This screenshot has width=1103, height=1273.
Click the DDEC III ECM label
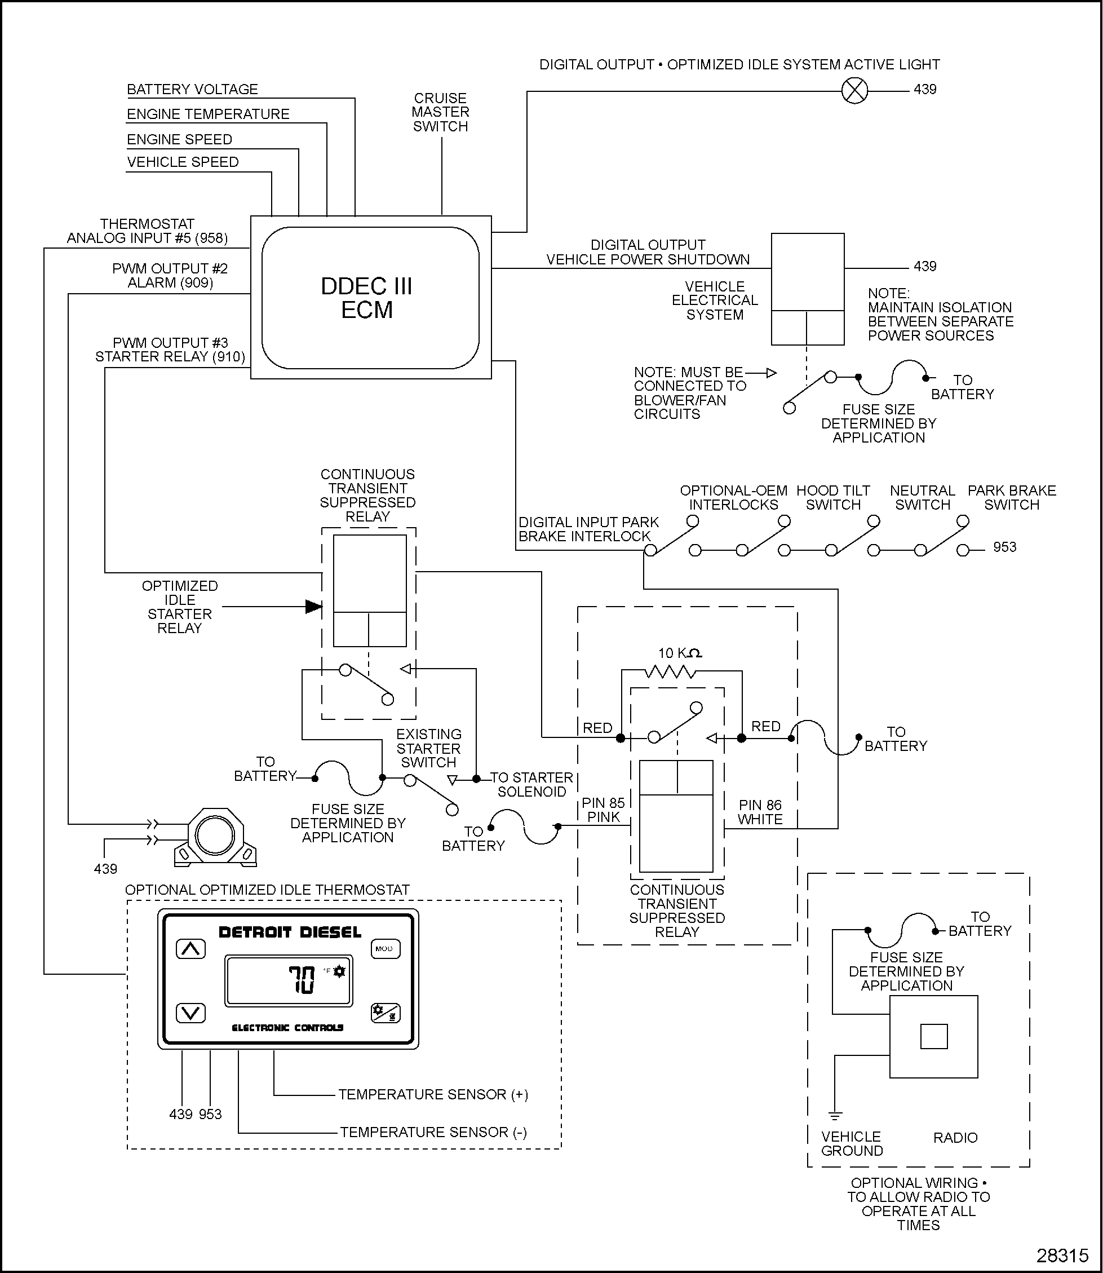367,298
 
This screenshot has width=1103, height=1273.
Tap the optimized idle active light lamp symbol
854,91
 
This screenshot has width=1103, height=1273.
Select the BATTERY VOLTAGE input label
192,89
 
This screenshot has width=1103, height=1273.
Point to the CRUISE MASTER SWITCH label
440,112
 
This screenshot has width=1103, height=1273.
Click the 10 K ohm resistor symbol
670,671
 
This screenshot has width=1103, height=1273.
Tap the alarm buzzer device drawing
215,837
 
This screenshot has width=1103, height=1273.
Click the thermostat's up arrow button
191,949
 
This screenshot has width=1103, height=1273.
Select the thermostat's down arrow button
191,1013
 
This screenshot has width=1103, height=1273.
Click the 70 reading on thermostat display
302,980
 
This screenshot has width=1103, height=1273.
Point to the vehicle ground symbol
835,1115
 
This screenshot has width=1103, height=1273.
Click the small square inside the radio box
933,1036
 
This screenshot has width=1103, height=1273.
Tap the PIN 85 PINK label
603,810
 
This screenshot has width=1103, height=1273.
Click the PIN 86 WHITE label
760,812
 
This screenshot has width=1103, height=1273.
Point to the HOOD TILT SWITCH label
833,497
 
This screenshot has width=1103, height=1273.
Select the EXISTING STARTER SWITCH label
428,748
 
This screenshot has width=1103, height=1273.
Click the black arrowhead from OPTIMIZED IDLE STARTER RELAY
314,607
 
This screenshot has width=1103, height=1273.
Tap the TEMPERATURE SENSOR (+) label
433,1094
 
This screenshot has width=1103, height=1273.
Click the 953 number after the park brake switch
1004,547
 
